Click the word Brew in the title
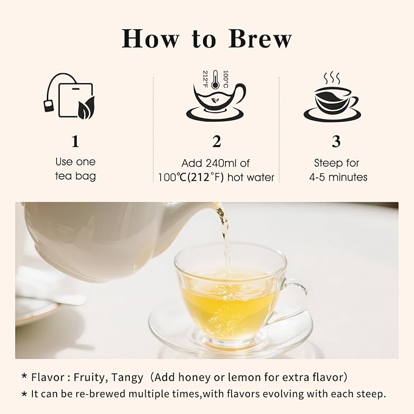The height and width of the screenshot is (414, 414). point(260,38)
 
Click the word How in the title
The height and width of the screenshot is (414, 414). point(150,38)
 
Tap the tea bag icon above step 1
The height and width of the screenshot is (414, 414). point(69,96)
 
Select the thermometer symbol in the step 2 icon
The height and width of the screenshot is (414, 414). point(215,79)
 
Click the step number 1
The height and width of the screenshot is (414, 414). point(75,141)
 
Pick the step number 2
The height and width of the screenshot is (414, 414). point(216,141)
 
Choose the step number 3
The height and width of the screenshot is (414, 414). point(336,141)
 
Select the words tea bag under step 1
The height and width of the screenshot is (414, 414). point(75,176)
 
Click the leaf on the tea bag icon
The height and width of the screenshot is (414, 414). point(86,108)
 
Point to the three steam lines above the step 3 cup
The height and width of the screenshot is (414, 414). point(332,77)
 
